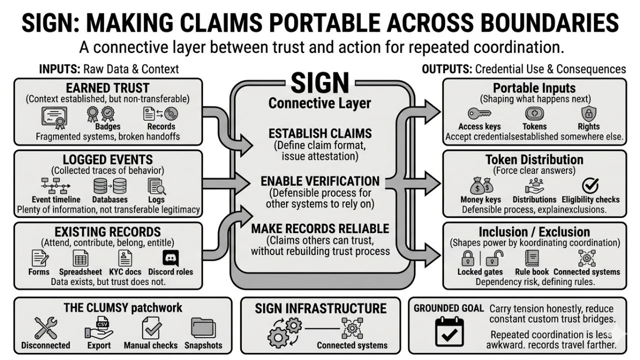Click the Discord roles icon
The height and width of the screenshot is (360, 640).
pyautogui.click(x=170, y=258)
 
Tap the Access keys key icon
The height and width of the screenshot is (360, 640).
pyautogui.click(x=479, y=113)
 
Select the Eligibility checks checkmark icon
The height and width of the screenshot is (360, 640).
pyautogui.click(x=590, y=186)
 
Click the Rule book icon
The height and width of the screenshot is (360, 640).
pyautogui.click(x=531, y=258)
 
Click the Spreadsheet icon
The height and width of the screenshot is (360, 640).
pyautogui.click(x=80, y=258)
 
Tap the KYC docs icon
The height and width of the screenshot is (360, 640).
pyautogui.click(x=124, y=258)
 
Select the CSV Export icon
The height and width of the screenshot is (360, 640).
pyautogui.click(x=98, y=328)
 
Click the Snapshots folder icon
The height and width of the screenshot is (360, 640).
pyautogui.click(x=203, y=328)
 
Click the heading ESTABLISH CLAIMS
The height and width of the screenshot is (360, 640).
pyautogui.click(x=320, y=133)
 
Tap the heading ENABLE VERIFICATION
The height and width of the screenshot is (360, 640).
pyautogui.click(x=320, y=181)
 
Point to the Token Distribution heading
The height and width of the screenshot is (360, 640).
pyautogui.click(x=534, y=160)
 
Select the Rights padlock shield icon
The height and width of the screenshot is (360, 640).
pyautogui.click(x=588, y=113)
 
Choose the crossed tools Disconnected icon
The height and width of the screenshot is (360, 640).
pyautogui.click(x=45, y=328)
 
